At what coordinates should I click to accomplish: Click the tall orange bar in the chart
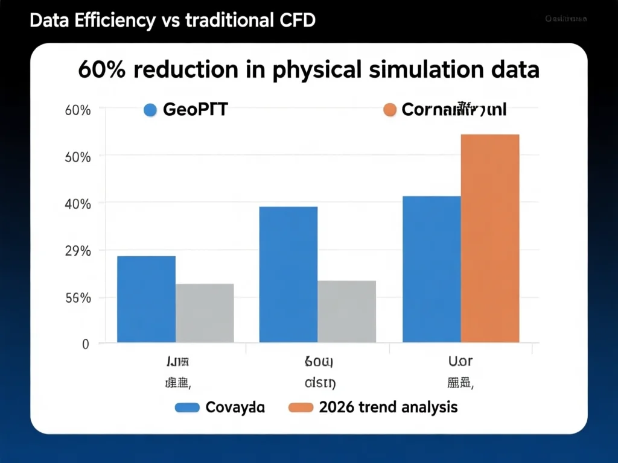click(x=489, y=239)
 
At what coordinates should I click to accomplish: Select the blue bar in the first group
click(x=146, y=300)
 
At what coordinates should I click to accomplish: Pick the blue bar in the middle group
click(x=288, y=275)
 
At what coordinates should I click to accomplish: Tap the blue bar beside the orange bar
click(x=432, y=269)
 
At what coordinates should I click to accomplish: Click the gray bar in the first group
click(x=205, y=313)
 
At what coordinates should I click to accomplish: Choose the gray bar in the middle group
click(x=347, y=312)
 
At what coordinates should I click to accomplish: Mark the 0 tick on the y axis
click(x=85, y=344)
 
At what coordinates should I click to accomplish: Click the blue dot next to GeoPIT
click(x=150, y=110)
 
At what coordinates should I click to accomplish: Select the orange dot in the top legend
click(x=389, y=110)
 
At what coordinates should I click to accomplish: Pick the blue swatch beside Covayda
click(x=187, y=408)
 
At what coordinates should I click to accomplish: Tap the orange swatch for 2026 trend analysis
click(x=301, y=408)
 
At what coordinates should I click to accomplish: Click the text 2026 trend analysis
click(x=388, y=407)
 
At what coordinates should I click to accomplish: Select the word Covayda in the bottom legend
click(x=235, y=408)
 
